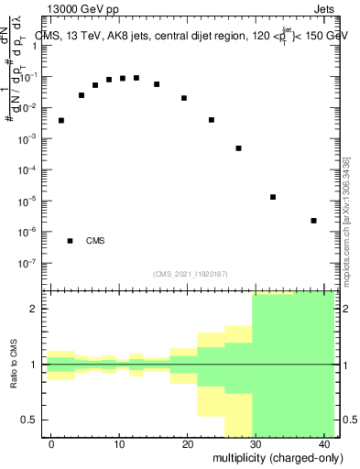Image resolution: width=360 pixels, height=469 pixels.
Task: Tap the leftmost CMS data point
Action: click(61, 120)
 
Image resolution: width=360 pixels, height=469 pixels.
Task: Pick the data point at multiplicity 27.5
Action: click(239, 148)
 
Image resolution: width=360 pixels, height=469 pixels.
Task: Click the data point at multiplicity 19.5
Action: click(184, 98)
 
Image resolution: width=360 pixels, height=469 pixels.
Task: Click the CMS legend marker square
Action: click(70, 241)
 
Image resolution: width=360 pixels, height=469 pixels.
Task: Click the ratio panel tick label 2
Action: click(37, 309)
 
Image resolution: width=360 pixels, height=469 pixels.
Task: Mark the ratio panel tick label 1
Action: click(37, 365)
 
